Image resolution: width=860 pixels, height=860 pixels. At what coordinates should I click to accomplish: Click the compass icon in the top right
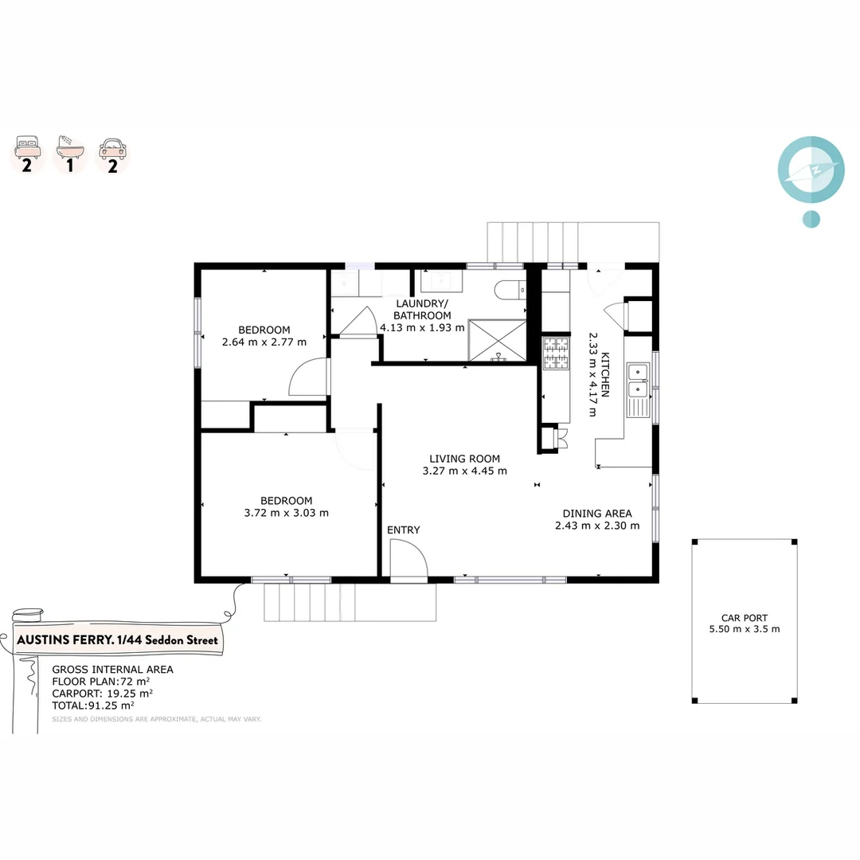(x=810, y=170)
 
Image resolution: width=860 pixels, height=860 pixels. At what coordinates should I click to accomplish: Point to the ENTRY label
(x=404, y=530)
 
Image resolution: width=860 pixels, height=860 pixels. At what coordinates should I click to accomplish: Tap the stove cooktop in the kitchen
(x=555, y=354)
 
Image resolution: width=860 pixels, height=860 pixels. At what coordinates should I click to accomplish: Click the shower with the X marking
(x=497, y=340)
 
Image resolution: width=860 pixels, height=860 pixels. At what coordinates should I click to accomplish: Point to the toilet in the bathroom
(x=507, y=291)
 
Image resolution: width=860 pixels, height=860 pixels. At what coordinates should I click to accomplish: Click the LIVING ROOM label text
(x=464, y=459)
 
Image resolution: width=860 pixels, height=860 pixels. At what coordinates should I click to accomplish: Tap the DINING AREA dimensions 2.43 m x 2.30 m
(x=597, y=526)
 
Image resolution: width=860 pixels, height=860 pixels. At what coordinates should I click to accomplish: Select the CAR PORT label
(x=744, y=618)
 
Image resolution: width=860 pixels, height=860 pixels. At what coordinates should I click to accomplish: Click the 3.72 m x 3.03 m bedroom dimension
(x=287, y=513)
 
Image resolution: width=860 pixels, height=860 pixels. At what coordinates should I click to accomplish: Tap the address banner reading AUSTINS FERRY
(x=116, y=640)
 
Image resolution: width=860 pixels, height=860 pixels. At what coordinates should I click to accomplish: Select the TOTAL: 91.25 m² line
(x=93, y=705)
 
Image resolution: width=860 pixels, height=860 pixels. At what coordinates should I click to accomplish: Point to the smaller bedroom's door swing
(x=308, y=377)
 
